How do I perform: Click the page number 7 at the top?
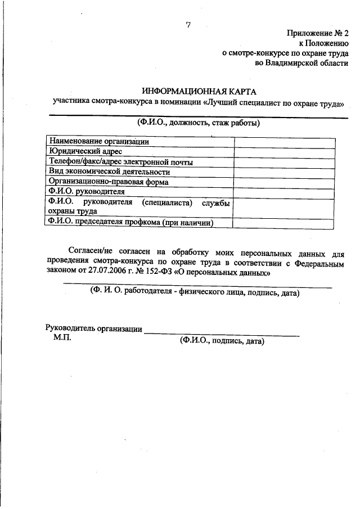pos(189,25)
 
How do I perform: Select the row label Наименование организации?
pos(99,141)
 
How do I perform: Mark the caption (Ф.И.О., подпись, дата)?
pos(222,341)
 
